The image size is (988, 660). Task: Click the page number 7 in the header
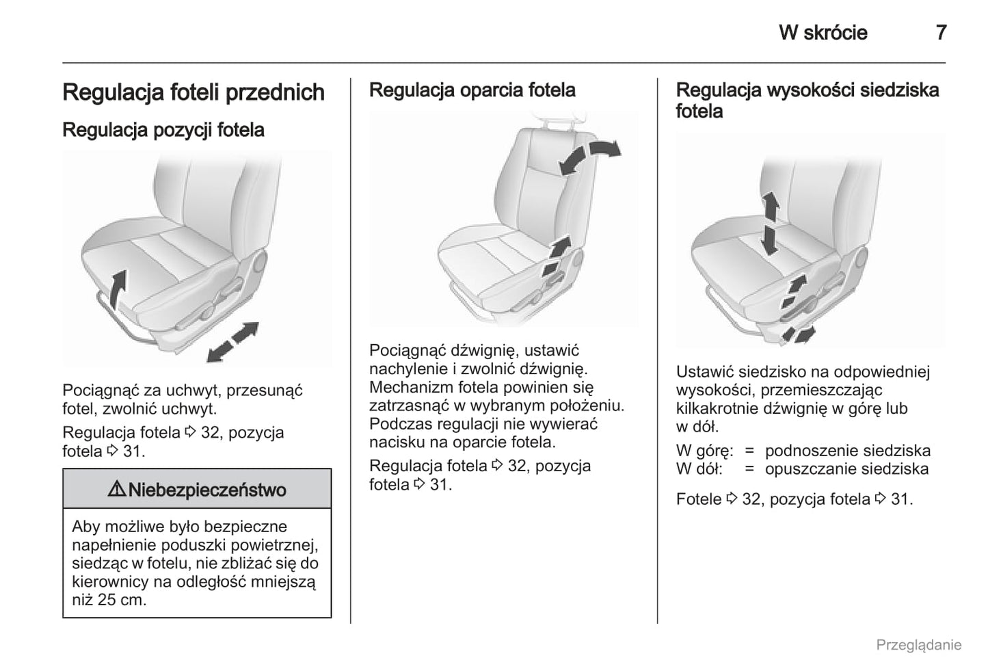tap(941, 32)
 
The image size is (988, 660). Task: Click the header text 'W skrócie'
tap(823, 32)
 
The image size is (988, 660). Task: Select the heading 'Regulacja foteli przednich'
tap(193, 92)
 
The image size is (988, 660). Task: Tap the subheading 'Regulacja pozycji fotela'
tap(163, 130)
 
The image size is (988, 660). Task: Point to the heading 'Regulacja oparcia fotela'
tap(472, 90)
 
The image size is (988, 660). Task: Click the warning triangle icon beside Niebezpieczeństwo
tap(116, 490)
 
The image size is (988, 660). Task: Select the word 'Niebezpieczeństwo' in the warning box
tap(207, 490)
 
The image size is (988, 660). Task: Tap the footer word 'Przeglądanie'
tap(918, 645)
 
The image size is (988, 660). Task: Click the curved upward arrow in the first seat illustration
tap(118, 287)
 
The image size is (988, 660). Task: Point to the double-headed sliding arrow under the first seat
tap(232, 341)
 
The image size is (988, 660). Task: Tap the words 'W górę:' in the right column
tap(704, 451)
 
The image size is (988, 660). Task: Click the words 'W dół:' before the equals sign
tap(699, 469)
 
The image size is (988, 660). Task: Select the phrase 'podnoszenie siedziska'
tap(847, 451)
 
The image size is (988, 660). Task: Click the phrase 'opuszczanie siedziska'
tap(846, 469)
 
